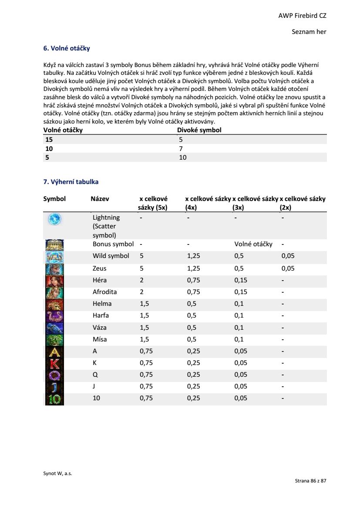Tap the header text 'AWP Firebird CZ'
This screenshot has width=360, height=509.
[302, 16]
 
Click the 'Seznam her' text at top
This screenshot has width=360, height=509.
[309, 32]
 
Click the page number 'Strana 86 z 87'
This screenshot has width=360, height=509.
[310, 481]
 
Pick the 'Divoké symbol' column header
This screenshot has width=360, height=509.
[199, 130]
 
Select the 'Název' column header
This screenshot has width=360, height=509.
[100, 199]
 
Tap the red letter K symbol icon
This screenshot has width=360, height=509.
[54, 363]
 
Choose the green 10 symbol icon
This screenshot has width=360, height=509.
[54, 398]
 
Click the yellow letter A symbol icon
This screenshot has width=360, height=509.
[54, 351]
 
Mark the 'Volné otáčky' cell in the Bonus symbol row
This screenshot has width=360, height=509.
[253, 244]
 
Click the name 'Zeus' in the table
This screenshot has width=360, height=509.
[99, 268]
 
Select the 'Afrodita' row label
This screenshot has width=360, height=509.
[104, 292]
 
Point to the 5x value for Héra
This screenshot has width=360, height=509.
[141, 280]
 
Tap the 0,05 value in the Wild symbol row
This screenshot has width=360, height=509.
[288, 256]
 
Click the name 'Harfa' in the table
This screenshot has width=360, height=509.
[101, 315]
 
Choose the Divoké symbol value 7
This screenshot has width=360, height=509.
[181, 149]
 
